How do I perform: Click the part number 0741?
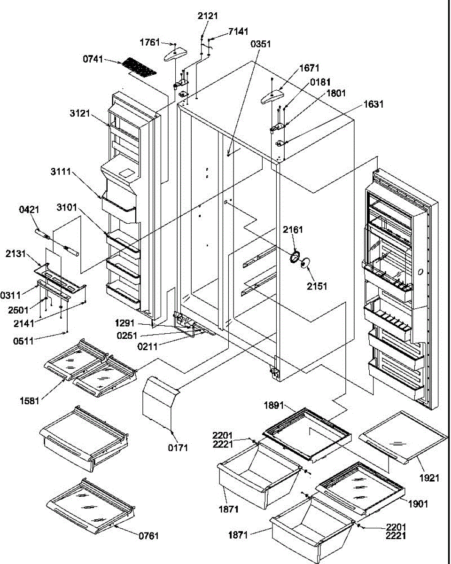(93, 59)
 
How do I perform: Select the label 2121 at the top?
(208, 16)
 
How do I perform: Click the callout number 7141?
(238, 31)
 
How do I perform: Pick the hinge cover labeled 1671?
(272, 96)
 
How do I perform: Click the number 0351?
(260, 44)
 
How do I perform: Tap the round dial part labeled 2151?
(305, 263)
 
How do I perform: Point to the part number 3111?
(61, 172)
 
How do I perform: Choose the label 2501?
(18, 310)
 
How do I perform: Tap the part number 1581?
(29, 401)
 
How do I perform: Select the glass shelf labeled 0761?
(91, 506)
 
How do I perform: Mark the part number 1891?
(273, 406)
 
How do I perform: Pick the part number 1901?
(418, 504)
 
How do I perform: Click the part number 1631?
(373, 104)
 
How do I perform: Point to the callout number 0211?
(147, 347)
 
